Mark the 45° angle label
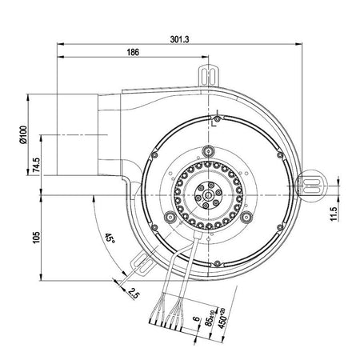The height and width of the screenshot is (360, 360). pyautogui.click(x=109, y=238)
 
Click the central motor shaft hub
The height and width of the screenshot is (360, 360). pyautogui.click(x=208, y=192)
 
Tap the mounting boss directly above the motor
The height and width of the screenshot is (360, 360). pyautogui.click(x=209, y=150)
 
